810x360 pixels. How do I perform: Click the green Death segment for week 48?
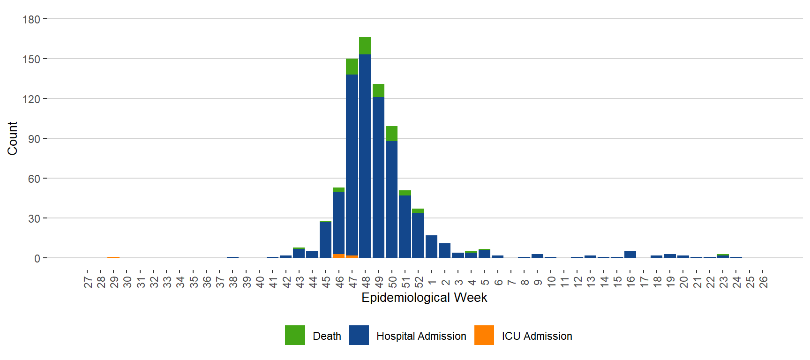coord(365,45)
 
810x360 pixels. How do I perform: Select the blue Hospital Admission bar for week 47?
coord(352,164)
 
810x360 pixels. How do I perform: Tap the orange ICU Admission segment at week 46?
coord(338,256)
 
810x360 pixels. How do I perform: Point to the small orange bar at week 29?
coord(113,257)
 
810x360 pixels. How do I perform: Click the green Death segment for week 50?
coord(391,134)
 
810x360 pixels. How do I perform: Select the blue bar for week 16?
coord(630,255)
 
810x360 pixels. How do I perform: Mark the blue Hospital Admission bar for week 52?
coord(418,235)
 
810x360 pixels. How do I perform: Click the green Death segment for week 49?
coord(378,90)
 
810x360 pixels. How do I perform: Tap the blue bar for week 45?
coord(325,240)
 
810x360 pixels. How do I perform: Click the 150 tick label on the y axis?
coord(31,60)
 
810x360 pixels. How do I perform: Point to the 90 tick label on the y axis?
coord(34,139)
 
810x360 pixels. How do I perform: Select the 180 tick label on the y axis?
coord(31,20)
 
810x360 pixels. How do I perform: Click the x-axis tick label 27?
coord(88,282)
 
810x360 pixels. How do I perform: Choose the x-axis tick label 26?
coord(763,282)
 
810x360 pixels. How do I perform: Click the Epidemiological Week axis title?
coord(424,298)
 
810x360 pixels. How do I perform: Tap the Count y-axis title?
coord(12,138)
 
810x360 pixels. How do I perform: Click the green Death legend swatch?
coord(295,335)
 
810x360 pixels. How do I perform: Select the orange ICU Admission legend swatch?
coord(484,335)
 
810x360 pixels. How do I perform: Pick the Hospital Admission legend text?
coord(421,336)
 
